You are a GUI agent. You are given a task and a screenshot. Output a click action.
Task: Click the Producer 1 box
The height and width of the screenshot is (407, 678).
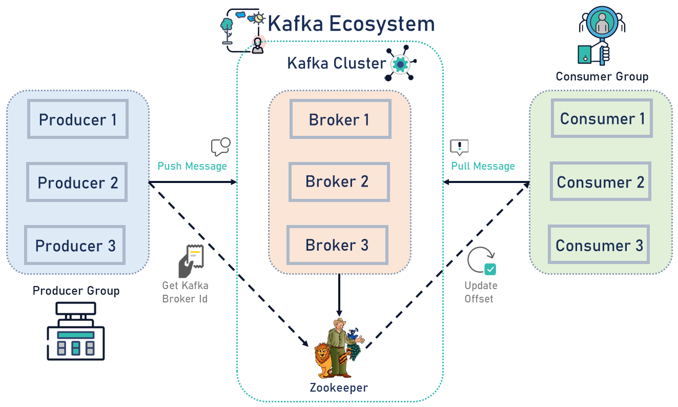coord(78,119)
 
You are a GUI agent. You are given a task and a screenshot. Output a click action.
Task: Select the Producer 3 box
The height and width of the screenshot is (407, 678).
coord(75,246)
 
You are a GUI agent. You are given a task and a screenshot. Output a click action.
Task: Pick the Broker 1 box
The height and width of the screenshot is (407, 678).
coord(340,119)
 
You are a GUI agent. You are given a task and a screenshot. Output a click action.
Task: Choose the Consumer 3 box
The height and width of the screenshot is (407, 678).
coord(599,245)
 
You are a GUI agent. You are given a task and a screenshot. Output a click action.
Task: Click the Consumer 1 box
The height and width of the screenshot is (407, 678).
coord(602,119)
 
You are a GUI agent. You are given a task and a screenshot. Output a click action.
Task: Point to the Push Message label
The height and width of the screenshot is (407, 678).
coord(192,166)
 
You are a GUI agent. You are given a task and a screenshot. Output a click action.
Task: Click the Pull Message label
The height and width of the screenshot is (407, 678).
coord(483,166)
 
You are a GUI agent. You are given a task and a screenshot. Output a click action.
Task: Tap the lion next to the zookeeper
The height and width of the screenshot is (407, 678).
coord(323,359)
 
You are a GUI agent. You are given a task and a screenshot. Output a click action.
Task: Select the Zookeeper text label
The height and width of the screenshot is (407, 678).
coord(339,388)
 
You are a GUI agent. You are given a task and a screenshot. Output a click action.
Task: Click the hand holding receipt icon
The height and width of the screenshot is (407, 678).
coord(191,261)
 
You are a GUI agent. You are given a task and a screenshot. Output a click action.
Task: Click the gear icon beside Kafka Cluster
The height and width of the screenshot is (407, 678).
coord(400,64)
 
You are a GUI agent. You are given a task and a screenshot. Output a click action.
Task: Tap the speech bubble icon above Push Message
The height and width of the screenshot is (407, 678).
coord(220,147)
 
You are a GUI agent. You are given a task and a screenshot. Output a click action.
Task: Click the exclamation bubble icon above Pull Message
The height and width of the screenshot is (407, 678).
coord(459,147)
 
